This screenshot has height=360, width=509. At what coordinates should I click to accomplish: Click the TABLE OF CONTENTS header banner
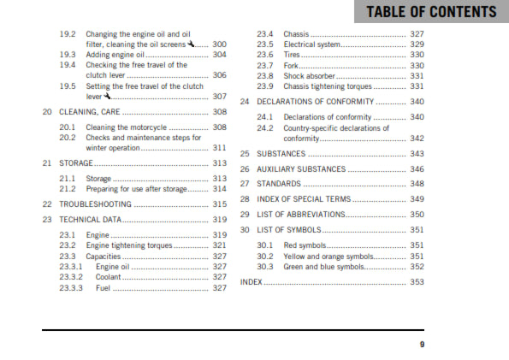click(x=430, y=12)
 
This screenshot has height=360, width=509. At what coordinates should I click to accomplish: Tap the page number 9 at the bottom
click(x=422, y=345)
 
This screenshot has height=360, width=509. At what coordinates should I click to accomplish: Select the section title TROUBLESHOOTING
click(x=95, y=204)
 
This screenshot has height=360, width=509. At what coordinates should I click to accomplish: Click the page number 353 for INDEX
click(x=417, y=281)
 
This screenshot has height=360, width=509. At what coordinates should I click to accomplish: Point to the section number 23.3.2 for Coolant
click(x=71, y=277)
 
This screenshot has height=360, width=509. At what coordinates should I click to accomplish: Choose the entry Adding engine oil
click(x=116, y=54)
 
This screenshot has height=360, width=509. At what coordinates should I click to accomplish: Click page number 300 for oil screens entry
click(x=220, y=44)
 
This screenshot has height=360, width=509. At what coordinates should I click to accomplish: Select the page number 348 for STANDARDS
click(x=417, y=184)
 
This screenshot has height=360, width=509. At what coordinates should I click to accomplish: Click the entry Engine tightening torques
click(x=129, y=245)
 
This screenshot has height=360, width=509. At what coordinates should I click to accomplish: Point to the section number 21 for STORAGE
click(x=48, y=162)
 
